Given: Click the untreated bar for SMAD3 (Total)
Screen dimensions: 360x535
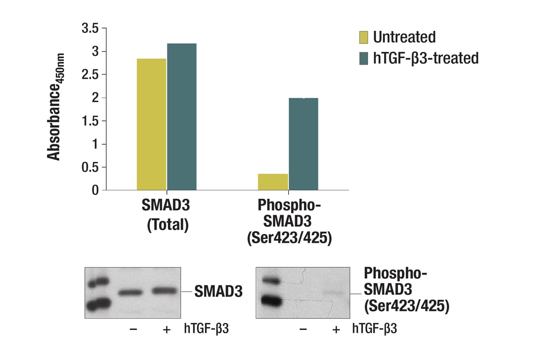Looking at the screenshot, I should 151,124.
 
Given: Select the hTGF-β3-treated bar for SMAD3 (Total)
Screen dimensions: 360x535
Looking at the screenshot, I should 181,117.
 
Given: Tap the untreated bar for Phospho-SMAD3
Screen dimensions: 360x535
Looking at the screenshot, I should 273,182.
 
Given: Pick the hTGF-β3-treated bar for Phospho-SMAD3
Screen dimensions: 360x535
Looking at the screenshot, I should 303,144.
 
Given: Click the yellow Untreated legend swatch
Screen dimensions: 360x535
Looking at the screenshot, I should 364,37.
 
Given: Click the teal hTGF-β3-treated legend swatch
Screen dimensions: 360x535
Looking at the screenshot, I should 364,59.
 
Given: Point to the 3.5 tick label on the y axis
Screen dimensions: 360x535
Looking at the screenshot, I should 90,29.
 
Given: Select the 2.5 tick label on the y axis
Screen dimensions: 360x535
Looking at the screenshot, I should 90,75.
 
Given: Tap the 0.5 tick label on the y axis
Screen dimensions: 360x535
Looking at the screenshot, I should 90,167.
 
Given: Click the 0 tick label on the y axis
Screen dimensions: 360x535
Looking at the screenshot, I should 95,190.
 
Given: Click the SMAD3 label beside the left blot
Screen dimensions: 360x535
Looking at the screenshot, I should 219,292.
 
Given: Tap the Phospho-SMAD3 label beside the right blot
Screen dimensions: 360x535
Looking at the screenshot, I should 407,290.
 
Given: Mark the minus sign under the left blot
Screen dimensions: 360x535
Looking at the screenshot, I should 133,330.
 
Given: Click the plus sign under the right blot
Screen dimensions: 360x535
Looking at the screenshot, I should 336,330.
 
